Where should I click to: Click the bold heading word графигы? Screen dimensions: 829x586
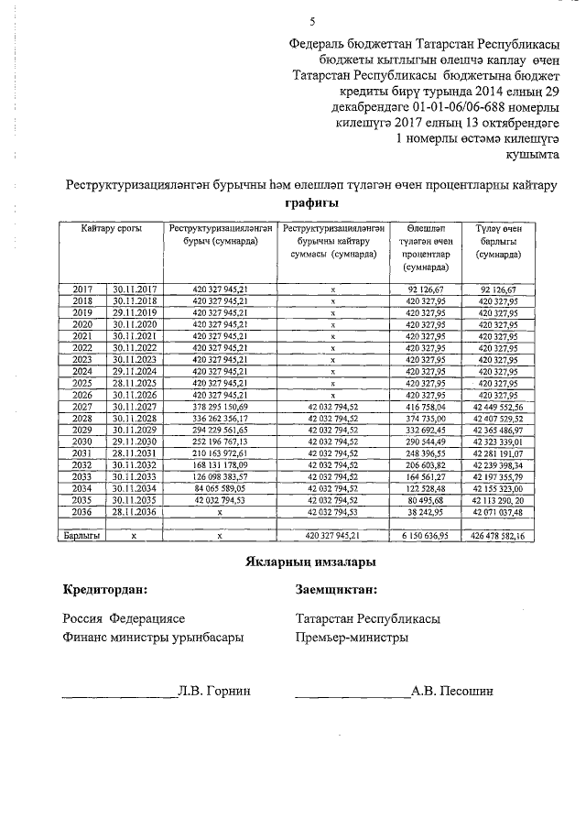click(311, 202)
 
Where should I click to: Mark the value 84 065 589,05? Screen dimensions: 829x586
click(220, 488)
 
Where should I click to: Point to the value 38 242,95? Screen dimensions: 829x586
click(425, 512)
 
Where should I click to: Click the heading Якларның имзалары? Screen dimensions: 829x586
click(311, 561)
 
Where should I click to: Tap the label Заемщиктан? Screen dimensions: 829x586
click(336, 591)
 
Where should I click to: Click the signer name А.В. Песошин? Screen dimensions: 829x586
click(452, 691)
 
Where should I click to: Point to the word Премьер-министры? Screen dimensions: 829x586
click(353, 638)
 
